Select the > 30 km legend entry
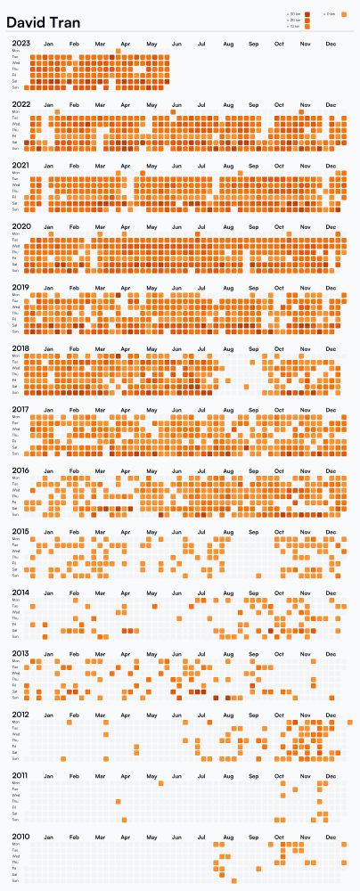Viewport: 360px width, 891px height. (295, 14)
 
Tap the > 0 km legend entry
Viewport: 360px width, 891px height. (331, 14)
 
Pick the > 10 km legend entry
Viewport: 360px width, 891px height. (295, 27)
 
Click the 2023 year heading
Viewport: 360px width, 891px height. (21, 43)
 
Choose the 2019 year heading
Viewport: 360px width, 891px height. (21, 288)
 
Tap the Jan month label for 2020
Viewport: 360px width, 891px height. (48, 227)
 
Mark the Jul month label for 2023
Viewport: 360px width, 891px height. (202, 43)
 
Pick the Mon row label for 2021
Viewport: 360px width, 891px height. (15, 174)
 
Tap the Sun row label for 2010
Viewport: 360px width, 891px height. (15, 881)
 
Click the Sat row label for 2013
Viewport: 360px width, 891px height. (15, 692)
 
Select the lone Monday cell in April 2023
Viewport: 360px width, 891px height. (119, 51)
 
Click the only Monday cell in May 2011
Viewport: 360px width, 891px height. (161, 784)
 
